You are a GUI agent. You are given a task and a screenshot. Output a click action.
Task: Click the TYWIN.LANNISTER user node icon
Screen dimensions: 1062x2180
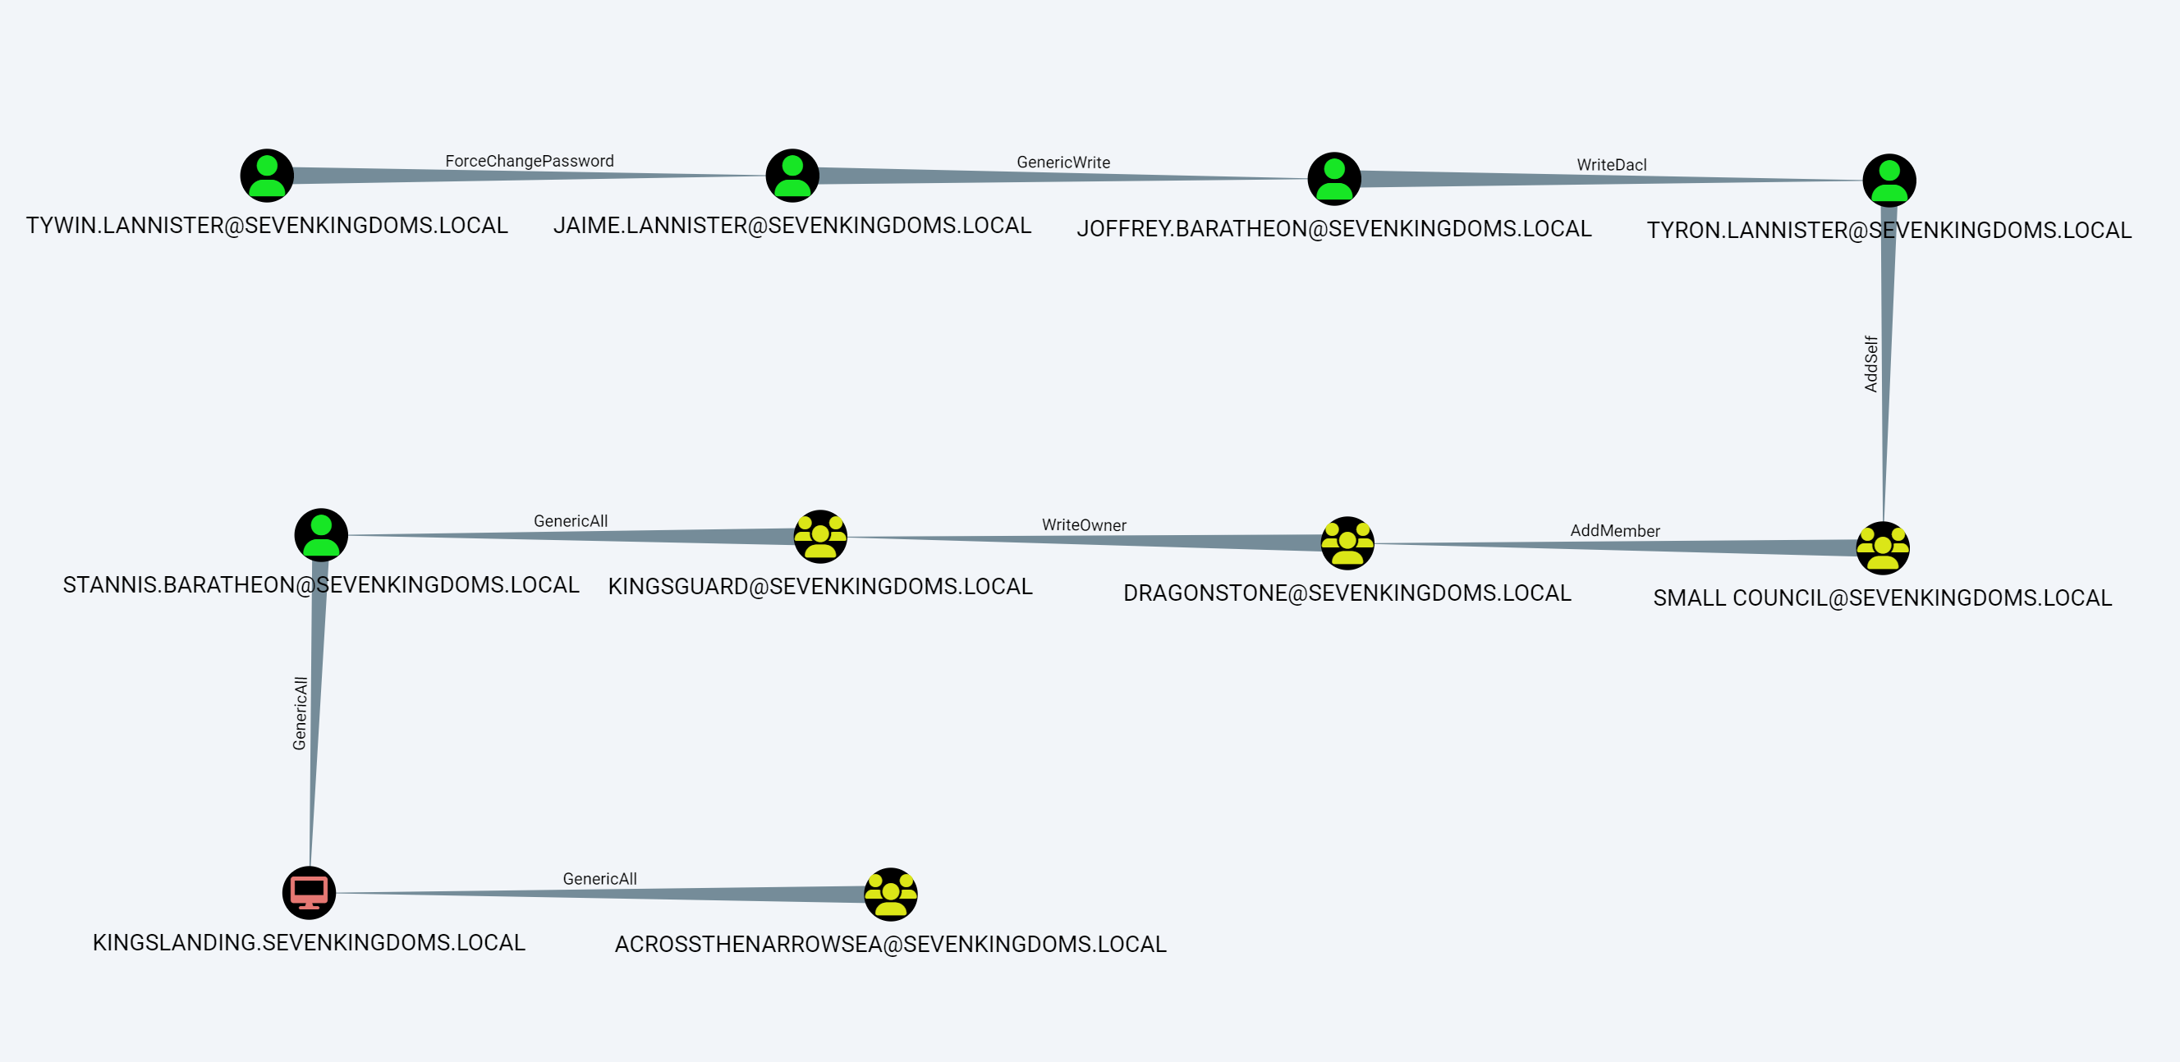tap(267, 175)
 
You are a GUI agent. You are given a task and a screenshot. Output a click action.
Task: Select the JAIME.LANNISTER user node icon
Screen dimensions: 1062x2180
tap(792, 175)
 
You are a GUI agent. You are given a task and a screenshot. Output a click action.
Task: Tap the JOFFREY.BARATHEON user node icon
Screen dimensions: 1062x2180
tap(1333, 179)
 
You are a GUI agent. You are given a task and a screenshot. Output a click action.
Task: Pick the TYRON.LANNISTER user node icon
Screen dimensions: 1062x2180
tap(1889, 181)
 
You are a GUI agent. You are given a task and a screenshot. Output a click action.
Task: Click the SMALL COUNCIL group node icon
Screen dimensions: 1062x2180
tap(1882, 548)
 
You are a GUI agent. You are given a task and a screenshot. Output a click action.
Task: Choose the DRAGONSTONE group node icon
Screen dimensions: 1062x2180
tap(1347, 543)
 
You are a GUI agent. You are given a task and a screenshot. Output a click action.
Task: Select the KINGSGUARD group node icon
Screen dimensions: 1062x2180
tap(820, 537)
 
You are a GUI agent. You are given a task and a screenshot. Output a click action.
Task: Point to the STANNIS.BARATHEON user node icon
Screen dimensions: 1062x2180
tap(321, 535)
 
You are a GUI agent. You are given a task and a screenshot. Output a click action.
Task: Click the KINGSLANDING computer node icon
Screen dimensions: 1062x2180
tap(309, 893)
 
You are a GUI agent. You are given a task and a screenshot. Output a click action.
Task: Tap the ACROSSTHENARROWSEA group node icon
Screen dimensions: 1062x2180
tap(890, 895)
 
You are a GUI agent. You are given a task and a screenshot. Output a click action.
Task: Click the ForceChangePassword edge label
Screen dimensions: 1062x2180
tap(529, 161)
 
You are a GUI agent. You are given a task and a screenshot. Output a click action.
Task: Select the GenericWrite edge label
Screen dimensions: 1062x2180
tap(1063, 163)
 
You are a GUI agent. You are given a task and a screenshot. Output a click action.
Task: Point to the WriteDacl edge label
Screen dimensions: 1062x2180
tap(1611, 165)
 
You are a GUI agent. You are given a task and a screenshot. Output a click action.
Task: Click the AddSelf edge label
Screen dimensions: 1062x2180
tap(1871, 364)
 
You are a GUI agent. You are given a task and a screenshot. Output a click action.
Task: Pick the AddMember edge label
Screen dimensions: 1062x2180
tap(1615, 530)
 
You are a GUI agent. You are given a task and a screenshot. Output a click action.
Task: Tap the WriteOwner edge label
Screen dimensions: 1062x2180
tap(1083, 524)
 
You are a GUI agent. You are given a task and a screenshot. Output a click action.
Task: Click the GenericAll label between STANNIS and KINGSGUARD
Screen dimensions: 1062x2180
tap(571, 521)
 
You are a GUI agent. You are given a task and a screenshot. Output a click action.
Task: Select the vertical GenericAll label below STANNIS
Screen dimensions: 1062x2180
tap(300, 712)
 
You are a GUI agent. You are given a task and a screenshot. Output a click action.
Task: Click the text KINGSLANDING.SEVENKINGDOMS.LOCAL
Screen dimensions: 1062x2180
tap(309, 943)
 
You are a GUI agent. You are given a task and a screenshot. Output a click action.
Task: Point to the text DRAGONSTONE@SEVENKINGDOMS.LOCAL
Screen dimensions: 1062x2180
tap(1347, 593)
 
